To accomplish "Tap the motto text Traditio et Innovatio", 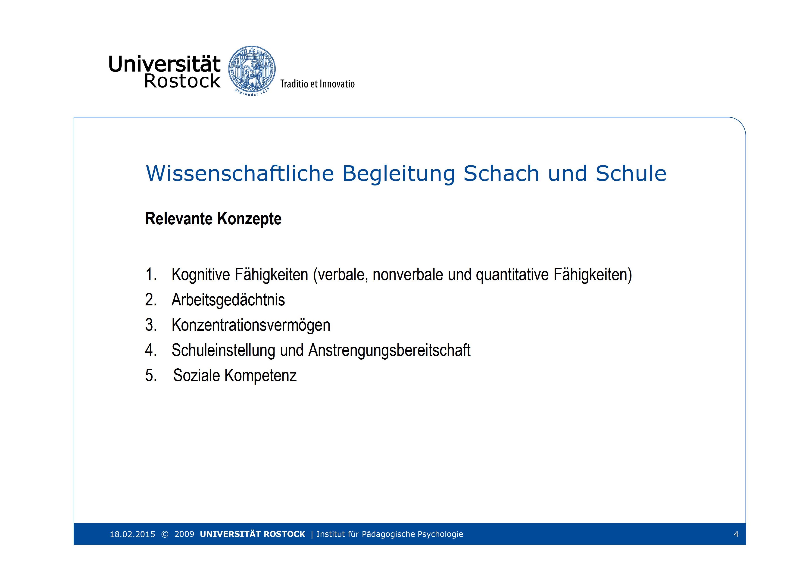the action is (317, 84).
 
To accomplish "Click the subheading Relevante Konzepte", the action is (213, 219).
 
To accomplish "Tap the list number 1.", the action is (151, 274).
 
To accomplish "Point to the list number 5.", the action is (151, 376).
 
